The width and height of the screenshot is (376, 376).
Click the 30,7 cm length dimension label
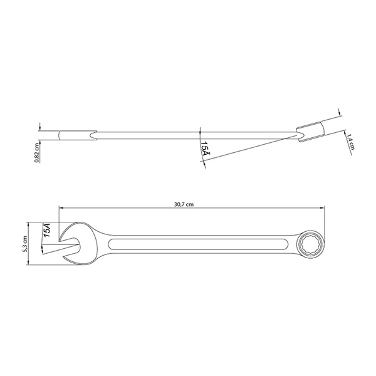(x=184, y=204)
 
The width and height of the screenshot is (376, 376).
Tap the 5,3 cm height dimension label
(x=24, y=243)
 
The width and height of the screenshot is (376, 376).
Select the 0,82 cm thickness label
(x=36, y=153)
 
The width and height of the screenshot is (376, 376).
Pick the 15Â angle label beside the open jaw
(x=46, y=230)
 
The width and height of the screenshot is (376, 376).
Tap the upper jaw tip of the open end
(x=60, y=239)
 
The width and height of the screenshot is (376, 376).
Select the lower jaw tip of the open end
(x=64, y=257)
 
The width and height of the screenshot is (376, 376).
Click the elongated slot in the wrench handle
(x=198, y=244)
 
